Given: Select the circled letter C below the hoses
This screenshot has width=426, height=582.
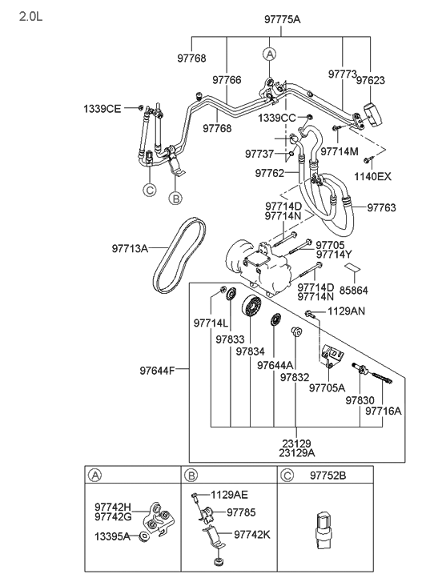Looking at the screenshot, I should tap(149, 190).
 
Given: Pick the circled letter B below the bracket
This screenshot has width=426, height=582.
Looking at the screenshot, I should tap(176, 197).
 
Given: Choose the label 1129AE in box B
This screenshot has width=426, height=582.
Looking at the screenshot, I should tap(230, 496).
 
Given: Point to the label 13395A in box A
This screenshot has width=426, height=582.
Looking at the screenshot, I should tap(114, 536).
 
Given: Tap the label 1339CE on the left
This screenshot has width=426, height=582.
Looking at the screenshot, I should tap(102, 107).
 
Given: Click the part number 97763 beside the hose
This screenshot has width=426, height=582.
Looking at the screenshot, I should tap(381, 208).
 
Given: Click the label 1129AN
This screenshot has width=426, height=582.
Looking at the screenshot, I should tap(346, 311).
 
